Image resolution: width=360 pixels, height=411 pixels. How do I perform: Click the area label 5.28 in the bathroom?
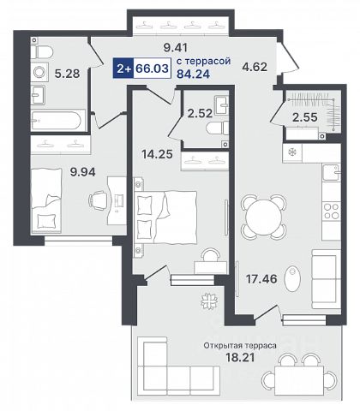click(67, 74)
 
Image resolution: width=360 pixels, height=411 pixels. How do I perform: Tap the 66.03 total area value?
click(152, 68)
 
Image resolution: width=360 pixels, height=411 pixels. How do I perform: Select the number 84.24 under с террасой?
click(194, 74)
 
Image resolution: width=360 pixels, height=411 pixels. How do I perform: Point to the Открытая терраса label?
click(240, 346)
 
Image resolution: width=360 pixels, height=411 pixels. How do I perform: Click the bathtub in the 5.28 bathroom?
click(58, 120)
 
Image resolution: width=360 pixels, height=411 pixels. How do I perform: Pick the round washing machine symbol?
click(39, 72)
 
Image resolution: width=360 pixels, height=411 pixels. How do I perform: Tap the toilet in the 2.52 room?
click(218, 128)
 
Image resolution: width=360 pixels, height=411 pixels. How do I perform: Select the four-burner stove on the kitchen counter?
click(332, 211)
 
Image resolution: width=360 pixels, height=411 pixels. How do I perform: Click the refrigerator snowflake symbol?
click(292, 152)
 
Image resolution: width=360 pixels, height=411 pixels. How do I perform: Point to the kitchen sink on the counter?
click(332, 172)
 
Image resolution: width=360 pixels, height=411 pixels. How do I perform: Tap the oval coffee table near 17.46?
click(292, 278)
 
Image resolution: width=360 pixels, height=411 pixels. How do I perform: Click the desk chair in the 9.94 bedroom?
click(98, 200)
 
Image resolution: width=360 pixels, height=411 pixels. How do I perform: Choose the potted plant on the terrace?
click(209, 301)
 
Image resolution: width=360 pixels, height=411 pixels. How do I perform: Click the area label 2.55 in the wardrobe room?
click(305, 117)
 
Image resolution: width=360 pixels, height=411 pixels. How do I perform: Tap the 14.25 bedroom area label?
click(157, 154)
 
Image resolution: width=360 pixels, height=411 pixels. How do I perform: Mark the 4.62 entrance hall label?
click(255, 67)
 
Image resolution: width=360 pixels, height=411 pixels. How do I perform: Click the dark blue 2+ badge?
click(123, 68)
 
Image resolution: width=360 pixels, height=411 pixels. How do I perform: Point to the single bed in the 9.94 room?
click(46, 200)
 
